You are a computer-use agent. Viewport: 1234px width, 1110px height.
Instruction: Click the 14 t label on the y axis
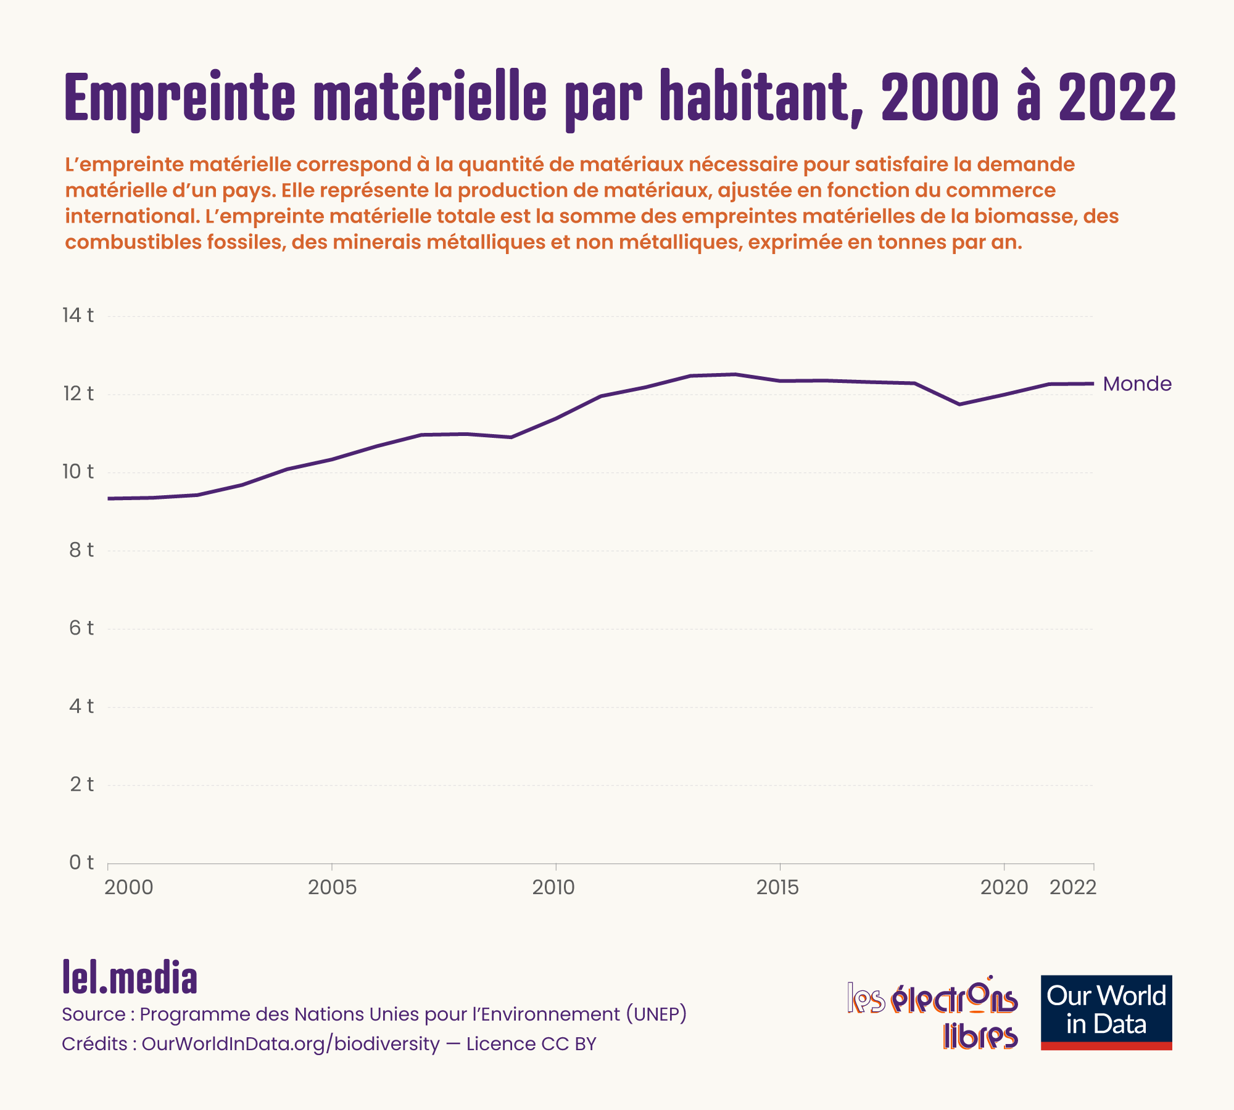click(x=78, y=315)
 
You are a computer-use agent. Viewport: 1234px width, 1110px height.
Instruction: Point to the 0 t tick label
click(x=81, y=862)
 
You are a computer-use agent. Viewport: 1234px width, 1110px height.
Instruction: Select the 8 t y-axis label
click(x=81, y=549)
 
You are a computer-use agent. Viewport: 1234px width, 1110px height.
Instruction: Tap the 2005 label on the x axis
click(x=332, y=887)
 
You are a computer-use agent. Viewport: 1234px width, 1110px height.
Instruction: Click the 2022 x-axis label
click(x=1073, y=887)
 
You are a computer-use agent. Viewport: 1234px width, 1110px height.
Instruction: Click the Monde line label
click(x=1137, y=384)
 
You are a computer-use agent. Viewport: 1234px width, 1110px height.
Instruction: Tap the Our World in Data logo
click(x=1106, y=1012)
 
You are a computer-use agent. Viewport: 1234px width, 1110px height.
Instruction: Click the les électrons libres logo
click(x=932, y=1012)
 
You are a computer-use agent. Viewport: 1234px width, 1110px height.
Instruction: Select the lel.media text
click(x=130, y=977)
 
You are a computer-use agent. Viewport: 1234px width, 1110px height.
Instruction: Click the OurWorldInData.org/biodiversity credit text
click(x=291, y=1044)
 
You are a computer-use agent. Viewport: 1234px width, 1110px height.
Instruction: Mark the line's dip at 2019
click(x=959, y=404)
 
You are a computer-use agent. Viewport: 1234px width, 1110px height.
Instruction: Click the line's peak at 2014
click(x=735, y=374)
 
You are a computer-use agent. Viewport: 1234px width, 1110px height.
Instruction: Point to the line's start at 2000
click(x=109, y=498)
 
